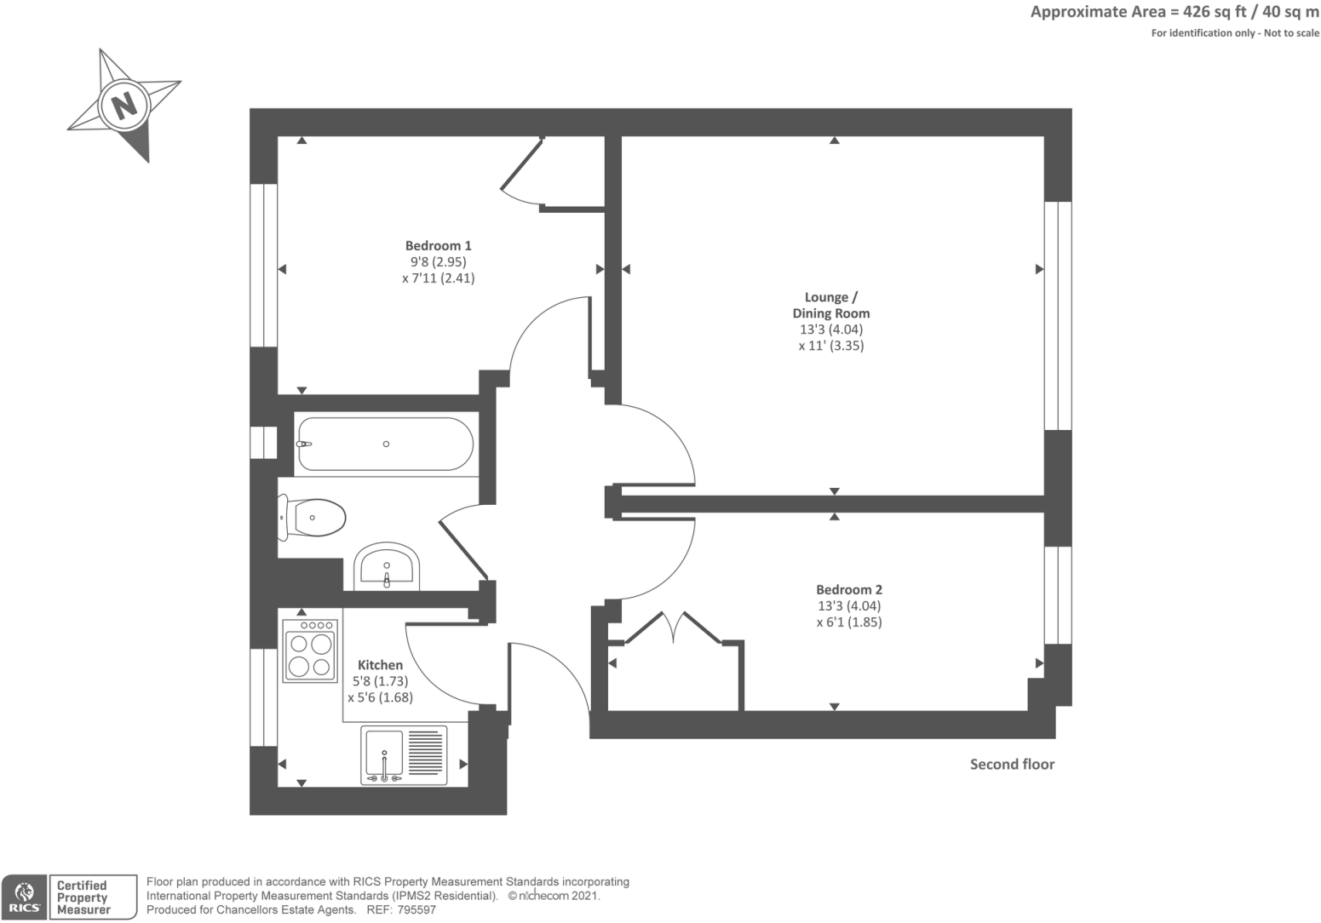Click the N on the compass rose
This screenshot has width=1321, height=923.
pyautogui.click(x=124, y=106)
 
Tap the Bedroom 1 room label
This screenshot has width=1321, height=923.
pyautogui.click(x=438, y=246)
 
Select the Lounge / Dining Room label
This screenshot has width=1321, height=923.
pyautogui.click(x=830, y=305)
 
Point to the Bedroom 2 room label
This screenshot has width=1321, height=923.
pyautogui.click(x=848, y=589)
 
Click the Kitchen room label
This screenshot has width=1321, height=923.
pyautogui.click(x=380, y=665)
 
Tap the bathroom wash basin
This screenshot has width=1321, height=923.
pyautogui.click(x=387, y=565)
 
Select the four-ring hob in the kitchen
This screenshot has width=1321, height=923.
pyautogui.click(x=310, y=651)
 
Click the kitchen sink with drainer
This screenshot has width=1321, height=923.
pyautogui.click(x=404, y=754)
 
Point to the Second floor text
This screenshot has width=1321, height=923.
pyautogui.click(x=1012, y=765)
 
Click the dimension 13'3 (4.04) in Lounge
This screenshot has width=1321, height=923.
pyautogui.click(x=830, y=330)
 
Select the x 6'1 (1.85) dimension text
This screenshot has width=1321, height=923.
pyautogui.click(x=848, y=622)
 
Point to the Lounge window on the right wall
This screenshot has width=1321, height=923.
pyautogui.click(x=1058, y=315)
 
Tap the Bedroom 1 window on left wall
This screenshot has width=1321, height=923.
pyautogui.click(x=263, y=265)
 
